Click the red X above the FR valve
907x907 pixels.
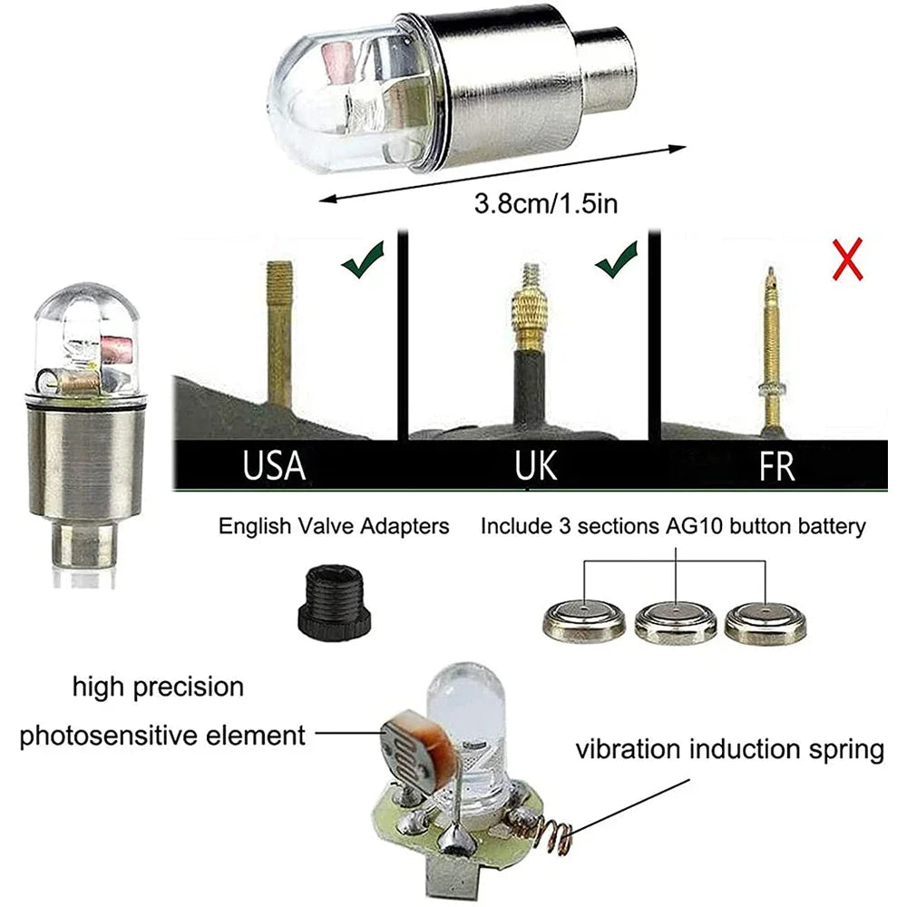[x=847, y=259]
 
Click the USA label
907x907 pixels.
[x=274, y=466]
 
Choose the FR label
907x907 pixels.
[x=777, y=466]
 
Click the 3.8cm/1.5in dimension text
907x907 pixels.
[x=547, y=203]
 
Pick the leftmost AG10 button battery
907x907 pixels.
[x=582, y=623]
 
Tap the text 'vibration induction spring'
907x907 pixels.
[x=730, y=750]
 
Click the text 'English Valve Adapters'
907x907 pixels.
[x=334, y=526]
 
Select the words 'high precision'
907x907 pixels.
[x=158, y=687]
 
